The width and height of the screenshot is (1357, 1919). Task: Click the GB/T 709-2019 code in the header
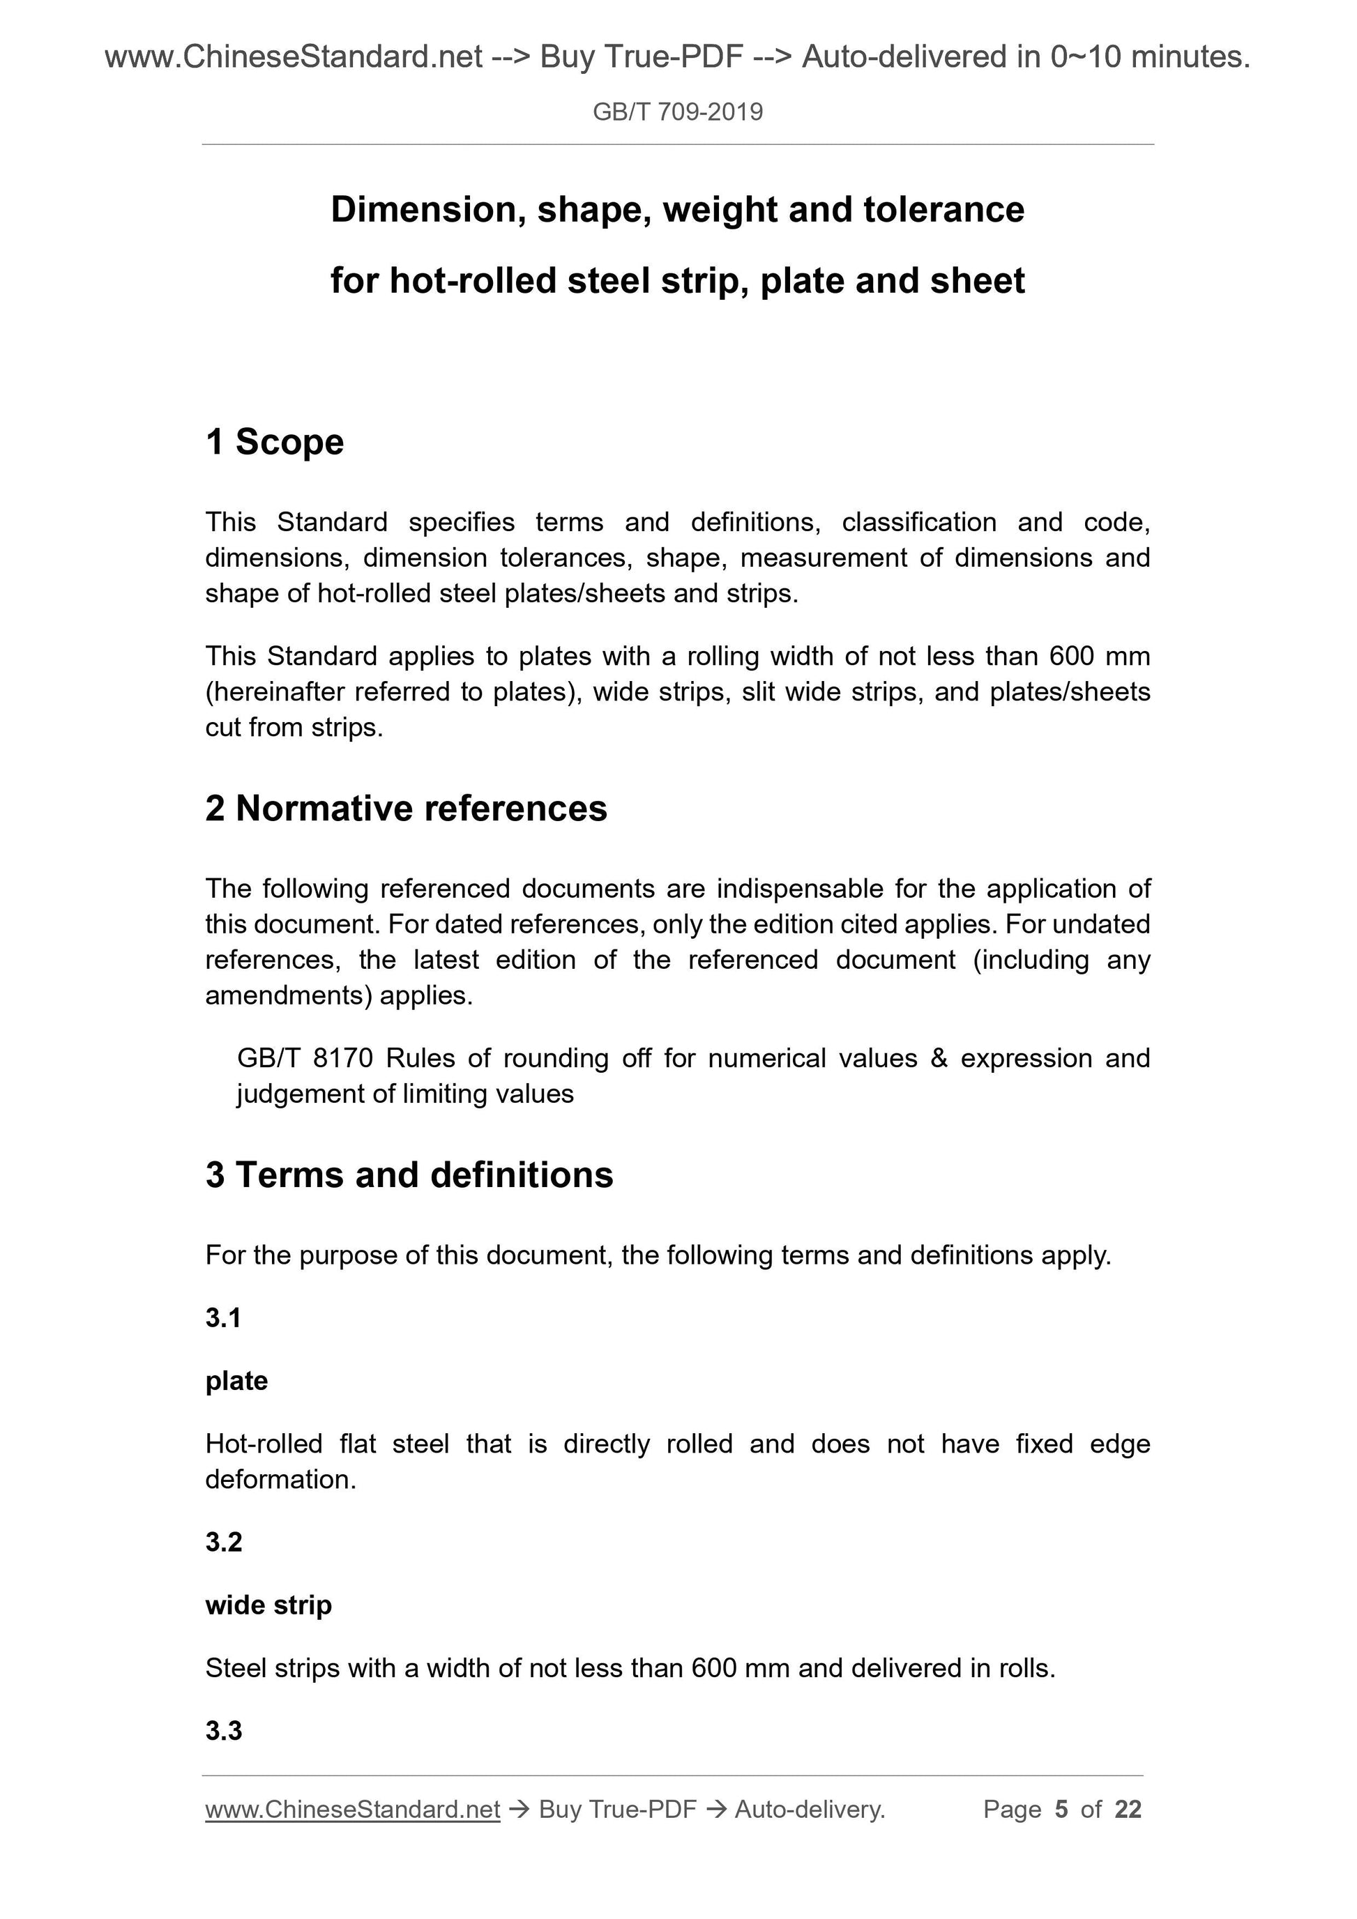tap(677, 112)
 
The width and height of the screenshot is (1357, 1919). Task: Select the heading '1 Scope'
tap(274, 442)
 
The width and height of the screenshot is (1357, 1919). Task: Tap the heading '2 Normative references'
tap(407, 808)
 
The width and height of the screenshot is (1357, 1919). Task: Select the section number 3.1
tap(223, 1318)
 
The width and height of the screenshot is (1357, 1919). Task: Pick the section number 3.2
tap(223, 1542)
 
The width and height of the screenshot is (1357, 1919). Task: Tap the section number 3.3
tap(223, 1731)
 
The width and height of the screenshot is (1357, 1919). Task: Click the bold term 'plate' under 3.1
tap(236, 1381)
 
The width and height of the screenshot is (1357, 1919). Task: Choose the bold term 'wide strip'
tap(268, 1605)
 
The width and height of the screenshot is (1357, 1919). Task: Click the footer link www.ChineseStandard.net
tap(352, 1810)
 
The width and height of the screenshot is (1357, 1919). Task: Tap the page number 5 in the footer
tap(1061, 1810)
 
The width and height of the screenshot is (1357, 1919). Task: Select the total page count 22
tap(1128, 1810)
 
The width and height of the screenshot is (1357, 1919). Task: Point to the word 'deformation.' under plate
tap(281, 1479)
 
